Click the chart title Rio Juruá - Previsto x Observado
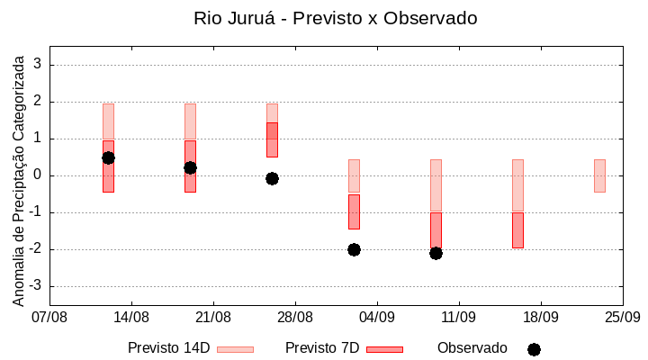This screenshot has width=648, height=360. pos(336,18)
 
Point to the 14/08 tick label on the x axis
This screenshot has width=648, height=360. pos(131,317)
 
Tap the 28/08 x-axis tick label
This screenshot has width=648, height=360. pos(295,317)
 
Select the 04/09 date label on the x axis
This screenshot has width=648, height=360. pos(377,317)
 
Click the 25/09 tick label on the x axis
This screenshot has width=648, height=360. pos(622,317)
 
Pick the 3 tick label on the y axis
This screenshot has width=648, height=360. pos(38,65)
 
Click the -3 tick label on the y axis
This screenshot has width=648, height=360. pos(35,286)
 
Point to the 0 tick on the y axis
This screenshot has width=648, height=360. pos(38,175)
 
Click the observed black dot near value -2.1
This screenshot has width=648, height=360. pos(436,253)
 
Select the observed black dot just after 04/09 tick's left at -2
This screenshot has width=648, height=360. pos(354,249)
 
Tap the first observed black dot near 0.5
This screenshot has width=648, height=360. pos(108,157)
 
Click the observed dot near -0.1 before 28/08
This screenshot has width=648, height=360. pos(272,178)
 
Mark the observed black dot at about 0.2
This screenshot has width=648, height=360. pos(190,167)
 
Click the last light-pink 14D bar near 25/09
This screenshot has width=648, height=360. pos(599,175)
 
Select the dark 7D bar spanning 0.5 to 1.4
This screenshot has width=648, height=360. pos(272,139)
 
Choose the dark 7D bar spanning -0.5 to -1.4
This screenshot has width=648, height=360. pos(354,211)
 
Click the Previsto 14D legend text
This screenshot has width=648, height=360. pos(168,348)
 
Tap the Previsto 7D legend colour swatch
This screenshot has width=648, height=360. pos(384,349)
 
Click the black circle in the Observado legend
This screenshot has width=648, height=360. pos(534,349)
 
